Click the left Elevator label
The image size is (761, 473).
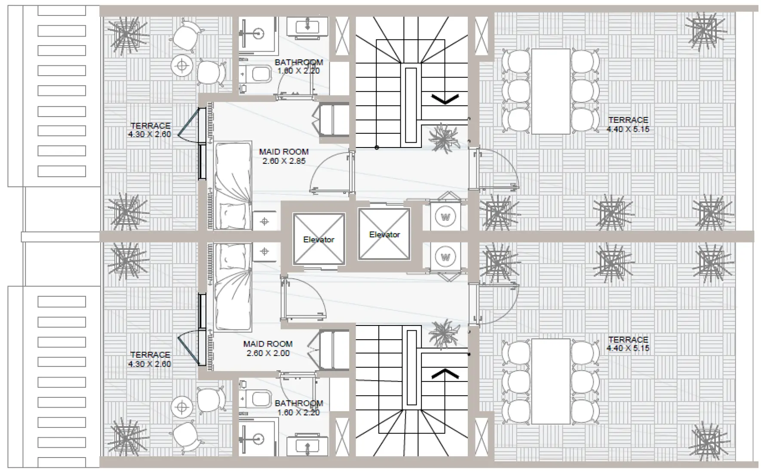tap(319, 240)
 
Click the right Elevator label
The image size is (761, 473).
tap(384, 234)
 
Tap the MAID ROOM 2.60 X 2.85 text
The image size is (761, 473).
tap(284, 157)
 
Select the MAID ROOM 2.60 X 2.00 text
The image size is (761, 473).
tap(268, 349)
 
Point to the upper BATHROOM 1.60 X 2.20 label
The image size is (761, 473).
tap(299, 67)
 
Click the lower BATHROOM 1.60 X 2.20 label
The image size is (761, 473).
tap(299, 408)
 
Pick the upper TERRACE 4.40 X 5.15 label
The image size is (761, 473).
tap(628, 125)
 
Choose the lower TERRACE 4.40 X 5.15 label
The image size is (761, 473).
tap(628, 344)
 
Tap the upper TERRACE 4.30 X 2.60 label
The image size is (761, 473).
tap(150, 130)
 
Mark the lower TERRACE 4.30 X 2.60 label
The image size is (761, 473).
tap(150, 359)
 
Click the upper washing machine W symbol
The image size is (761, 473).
tap(445, 217)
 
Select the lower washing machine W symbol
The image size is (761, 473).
tap(445, 257)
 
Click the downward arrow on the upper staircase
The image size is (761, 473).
tap(445, 99)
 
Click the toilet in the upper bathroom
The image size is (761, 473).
tap(257, 75)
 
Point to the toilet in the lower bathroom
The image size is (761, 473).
tap(257, 399)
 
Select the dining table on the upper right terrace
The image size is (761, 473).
tap(551, 91)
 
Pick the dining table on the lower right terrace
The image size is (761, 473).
tap(551, 381)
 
